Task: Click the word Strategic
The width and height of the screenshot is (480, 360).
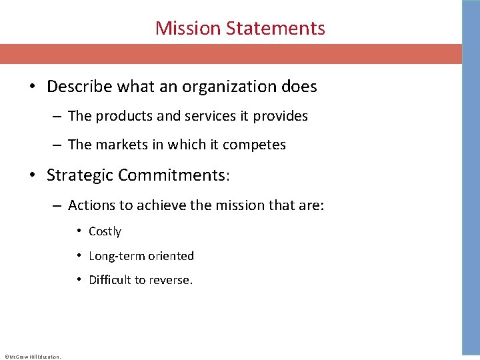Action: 80,175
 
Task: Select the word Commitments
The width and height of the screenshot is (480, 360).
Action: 171,175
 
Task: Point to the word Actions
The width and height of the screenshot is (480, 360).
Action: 91,205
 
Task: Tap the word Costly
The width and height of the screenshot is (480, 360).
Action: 105,231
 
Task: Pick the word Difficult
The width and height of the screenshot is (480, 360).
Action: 110,280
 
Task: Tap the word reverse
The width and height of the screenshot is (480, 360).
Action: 171,280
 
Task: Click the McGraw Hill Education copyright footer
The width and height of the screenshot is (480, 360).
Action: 32,357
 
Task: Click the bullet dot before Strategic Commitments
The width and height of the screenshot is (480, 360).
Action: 32,176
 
